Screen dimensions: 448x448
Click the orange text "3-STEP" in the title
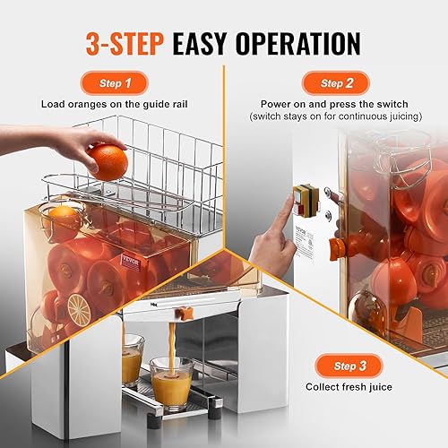pyautogui.click(x=133, y=43)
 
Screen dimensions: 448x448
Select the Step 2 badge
pyautogui.click(x=334, y=82)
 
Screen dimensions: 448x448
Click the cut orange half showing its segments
pyautogui.click(x=79, y=309)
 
